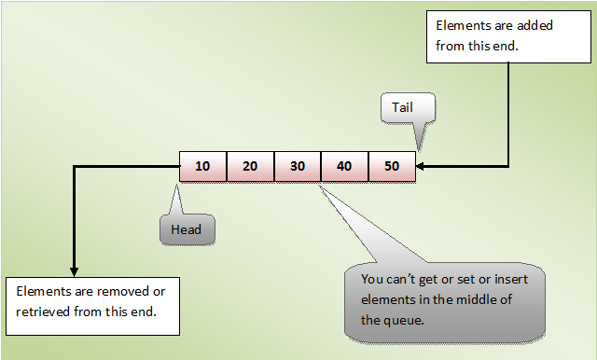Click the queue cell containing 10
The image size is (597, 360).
click(x=202, y=166)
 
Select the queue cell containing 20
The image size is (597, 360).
click(x=250, y=166)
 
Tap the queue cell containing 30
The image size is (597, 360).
click(x=297, y=166)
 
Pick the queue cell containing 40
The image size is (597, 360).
click(x=344, y=166)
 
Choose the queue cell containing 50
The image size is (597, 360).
click(x=392, y=166)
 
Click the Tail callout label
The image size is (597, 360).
click(x=403, y=107)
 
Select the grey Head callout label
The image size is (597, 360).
click(x=187, y=228)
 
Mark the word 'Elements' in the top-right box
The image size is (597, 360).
click(x=463, y=25)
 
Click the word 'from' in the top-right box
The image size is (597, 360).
click(x=451, y=44)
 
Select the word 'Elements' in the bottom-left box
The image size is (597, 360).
click(x=43, y=290)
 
